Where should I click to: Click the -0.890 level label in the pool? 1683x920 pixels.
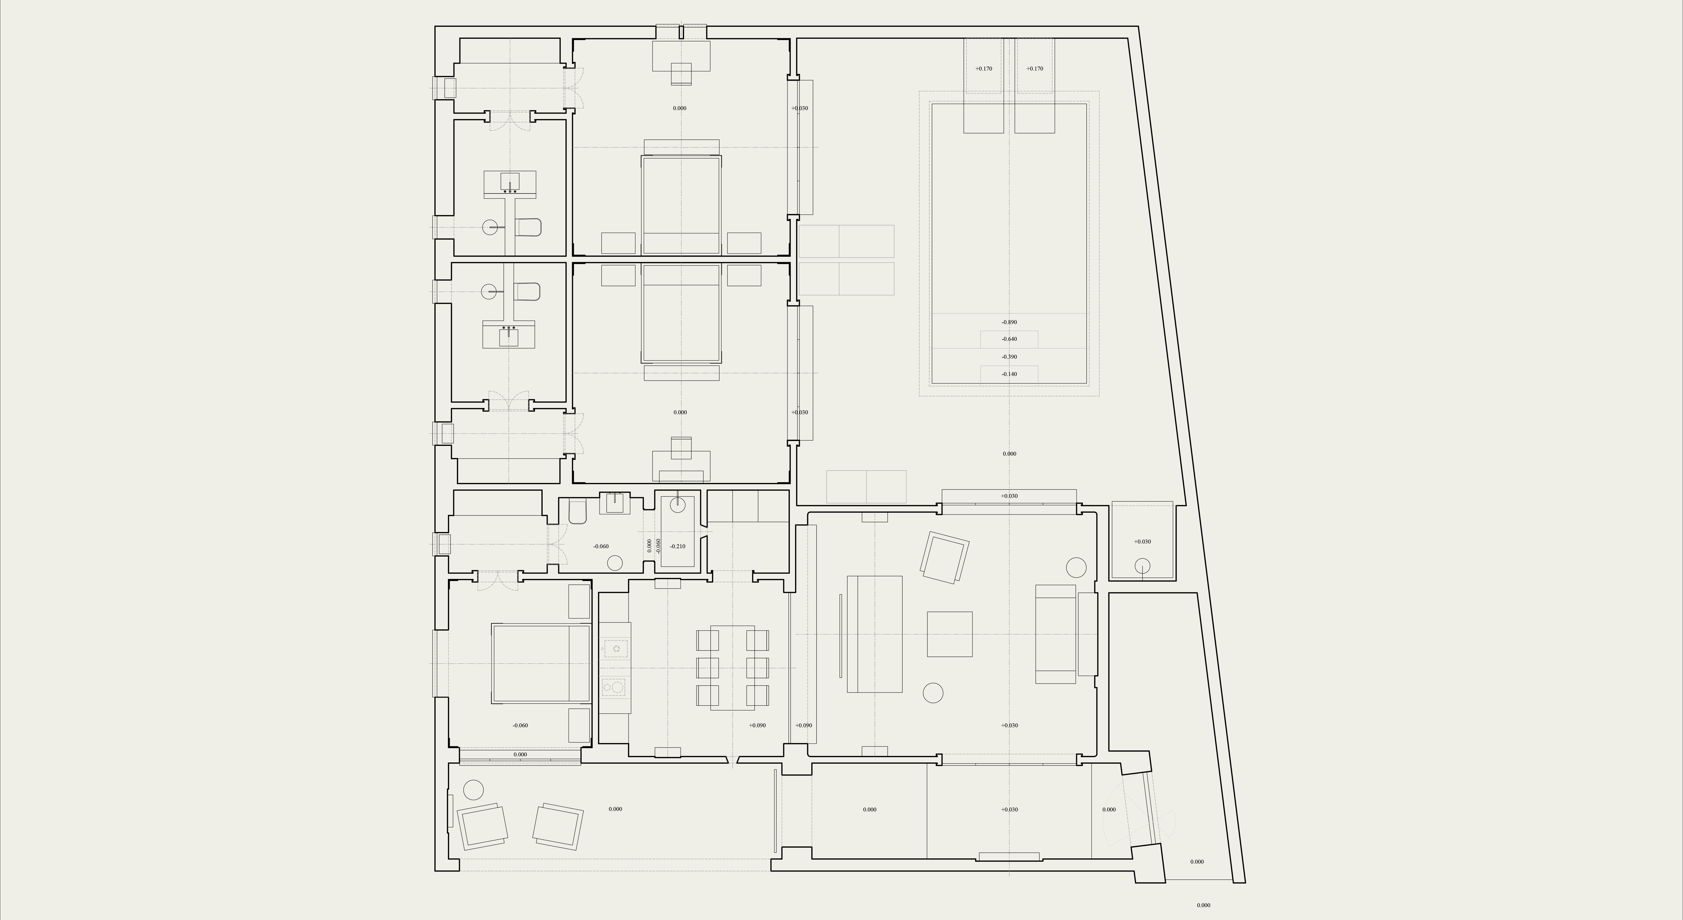coord(1009,322)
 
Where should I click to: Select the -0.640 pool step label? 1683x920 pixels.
coord(1009,339)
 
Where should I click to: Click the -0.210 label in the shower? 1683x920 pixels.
coord(678,546)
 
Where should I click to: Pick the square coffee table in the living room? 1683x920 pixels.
coord(949,634)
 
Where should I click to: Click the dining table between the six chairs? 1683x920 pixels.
coord(732,667)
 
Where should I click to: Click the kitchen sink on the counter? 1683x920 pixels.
coord(615,649)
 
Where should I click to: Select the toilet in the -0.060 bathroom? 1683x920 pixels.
coord(577,512)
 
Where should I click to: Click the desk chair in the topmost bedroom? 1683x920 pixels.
coord(681,74)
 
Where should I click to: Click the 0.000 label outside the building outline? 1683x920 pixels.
coord(1203,905)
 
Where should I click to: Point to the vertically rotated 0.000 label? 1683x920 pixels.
coord(649,546)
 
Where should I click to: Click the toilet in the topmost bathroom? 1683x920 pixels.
coord(528,227)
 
